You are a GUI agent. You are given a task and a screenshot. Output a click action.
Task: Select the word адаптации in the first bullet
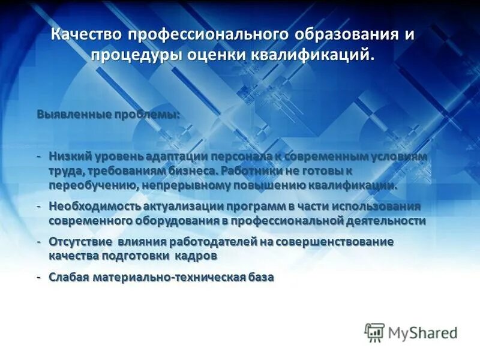tap(176, 156)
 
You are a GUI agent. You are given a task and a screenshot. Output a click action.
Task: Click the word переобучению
tap(94, 185)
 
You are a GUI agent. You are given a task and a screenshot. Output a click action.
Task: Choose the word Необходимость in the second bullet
tap(94, 206)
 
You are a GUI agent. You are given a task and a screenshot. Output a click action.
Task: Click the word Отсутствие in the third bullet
tap(80, 241)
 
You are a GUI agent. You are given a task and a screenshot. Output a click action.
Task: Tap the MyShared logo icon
tap(374, 331)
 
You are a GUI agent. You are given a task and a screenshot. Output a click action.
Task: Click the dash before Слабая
tap(38, 277)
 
